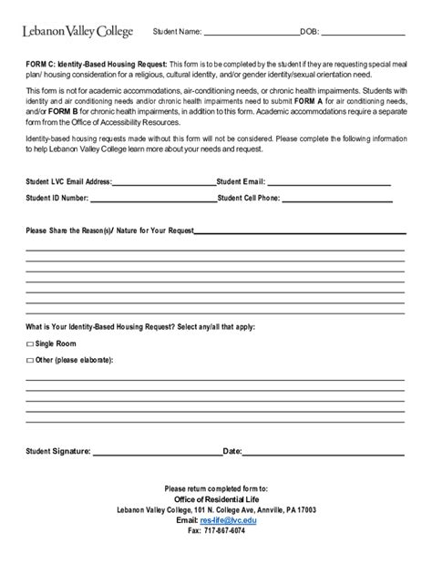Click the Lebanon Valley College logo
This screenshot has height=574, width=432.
77,32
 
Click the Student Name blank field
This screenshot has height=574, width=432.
251,34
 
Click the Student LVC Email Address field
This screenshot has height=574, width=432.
163,181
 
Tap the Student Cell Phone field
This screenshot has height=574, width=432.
343,197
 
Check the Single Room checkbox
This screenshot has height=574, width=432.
29,344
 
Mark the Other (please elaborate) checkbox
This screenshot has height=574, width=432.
29,361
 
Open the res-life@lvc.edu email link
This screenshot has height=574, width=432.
228,520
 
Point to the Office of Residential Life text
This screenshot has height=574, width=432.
216,499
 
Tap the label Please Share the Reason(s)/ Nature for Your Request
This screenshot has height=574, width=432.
109,231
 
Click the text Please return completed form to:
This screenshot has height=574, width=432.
216,488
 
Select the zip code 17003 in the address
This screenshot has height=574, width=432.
314,510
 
